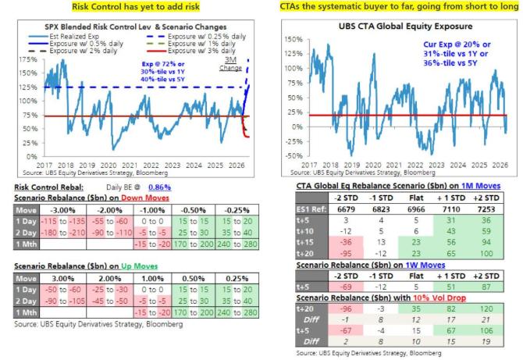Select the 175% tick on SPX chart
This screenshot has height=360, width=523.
pyautogui.click(x=15, y=59)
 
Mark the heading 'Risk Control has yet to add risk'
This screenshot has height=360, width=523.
pyautogui.click(x=127, y=6)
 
